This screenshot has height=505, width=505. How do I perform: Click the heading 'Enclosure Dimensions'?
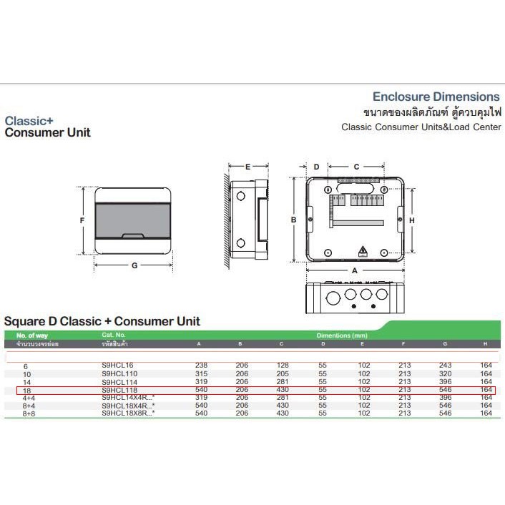click(x=436, y=97)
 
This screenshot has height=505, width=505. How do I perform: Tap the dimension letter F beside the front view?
click(x=82, y=220)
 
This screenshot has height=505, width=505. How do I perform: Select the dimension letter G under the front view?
click(x=134, y=265)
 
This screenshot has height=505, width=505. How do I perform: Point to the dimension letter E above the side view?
click(x=247, y=167)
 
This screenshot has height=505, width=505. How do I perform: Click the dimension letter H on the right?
click(x=411, y=220)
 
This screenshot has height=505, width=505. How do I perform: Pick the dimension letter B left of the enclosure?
click(x=293, y=220)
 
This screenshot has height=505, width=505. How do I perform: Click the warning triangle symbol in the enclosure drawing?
click(x=363, y=251)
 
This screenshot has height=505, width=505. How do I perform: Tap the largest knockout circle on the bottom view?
click(x=332, y=298)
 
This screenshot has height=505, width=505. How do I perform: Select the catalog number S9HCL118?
click(x=119, y=391)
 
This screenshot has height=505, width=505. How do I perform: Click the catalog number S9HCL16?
click(x=117, y=366)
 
